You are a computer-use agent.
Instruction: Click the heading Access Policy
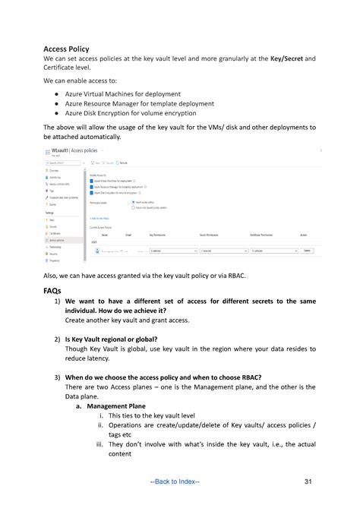pos(66,49)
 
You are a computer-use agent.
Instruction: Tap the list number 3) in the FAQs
pos(57,377)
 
